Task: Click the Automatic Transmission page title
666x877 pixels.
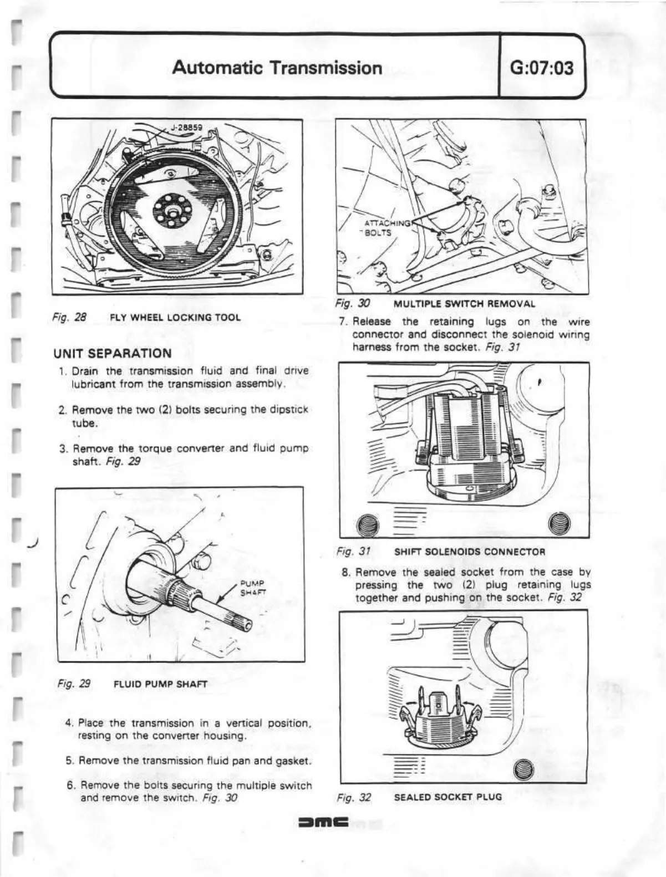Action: click(x=277, y=68)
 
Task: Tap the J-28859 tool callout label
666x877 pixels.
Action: click(x=186, y=127)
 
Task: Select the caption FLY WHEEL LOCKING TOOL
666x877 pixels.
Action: click(x=175, y=318)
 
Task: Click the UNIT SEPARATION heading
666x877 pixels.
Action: click(x=112, y=353)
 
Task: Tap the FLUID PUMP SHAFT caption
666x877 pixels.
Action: click(x=160, y=684)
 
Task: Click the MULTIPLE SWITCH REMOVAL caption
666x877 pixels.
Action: click(x=464, y=304)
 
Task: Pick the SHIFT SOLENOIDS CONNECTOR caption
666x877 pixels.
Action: click(x=470, y=552)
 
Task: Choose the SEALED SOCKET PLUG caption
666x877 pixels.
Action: click(x=448, y=797)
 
